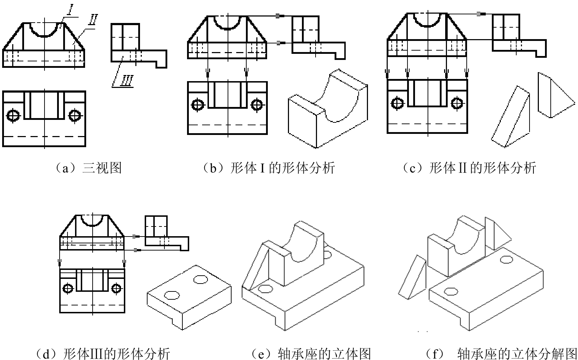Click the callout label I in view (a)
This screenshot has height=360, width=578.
69,10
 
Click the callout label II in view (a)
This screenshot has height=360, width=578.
93,20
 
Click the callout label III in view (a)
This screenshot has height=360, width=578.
127,80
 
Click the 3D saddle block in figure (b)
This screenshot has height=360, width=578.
328,108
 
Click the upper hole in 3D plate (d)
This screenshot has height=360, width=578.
201,279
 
